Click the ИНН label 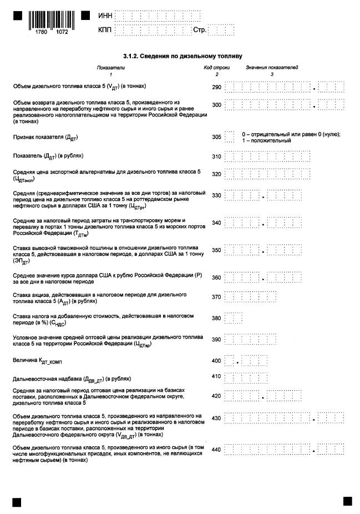pos(104,16)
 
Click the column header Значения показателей pos(272,68)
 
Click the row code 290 pos(216,88)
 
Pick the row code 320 pos(216,174)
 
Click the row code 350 pos(216,251)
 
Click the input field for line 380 pos(234,318)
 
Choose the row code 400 pos(216,361)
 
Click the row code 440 pos(216,450)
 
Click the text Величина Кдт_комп pos(39,361)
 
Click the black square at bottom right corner pos(347,501)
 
